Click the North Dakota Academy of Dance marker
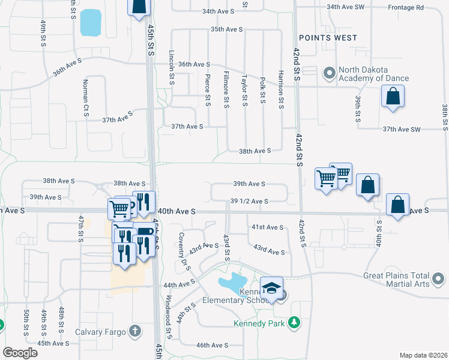click(329, 73)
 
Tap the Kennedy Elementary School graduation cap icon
click(271, 287)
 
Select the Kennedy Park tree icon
click(294, 323)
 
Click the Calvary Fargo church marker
click(136, 331)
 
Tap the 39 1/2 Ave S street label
click(249, 202)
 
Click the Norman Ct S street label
click(86, 98)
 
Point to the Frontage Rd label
click(408, 7)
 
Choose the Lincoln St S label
click(171, 67)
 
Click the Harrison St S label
click(280, 89)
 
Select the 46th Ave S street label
click(212, 345)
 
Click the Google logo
click(20, 353)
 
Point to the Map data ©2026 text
click(423, 355)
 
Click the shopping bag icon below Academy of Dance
click(392, 97)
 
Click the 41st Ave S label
click(267, 227)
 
